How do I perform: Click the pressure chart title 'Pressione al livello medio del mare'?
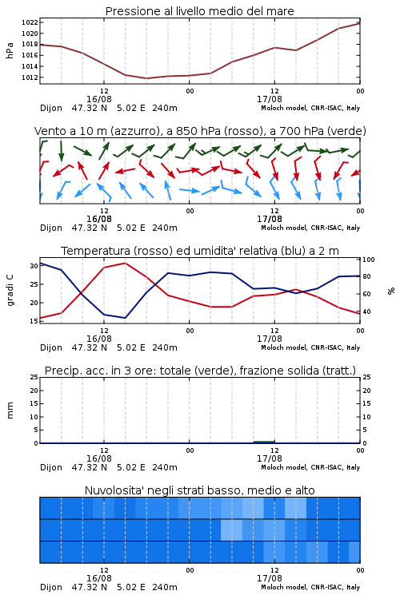(x=199, y=11)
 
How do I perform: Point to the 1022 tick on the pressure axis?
(x=30, y=22)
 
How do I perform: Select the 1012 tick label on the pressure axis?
(x=30, y=77)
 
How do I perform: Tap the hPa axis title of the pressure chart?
(x=10, y=50)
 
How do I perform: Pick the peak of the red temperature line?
(x=125, y=264)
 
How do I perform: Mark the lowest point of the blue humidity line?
(x=125, y=318)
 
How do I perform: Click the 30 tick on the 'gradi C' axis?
(x=34, y=266)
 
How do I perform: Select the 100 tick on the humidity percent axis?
(x=369, y=260)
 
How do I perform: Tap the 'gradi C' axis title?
(x=10, y=291)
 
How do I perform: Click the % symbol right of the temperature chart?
(x=391, y=291)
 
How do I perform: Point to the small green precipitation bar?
(x=264, y=442)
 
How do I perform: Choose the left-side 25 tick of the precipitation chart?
(x=34, y=377)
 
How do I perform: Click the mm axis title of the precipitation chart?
(x=10, y=411)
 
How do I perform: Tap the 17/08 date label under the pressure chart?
(x=270, y=99)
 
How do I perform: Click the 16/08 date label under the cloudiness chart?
(x=99, y=578)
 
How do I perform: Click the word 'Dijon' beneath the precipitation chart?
(x=51, y=467)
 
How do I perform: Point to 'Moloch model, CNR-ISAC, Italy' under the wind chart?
(x=310, y=228)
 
